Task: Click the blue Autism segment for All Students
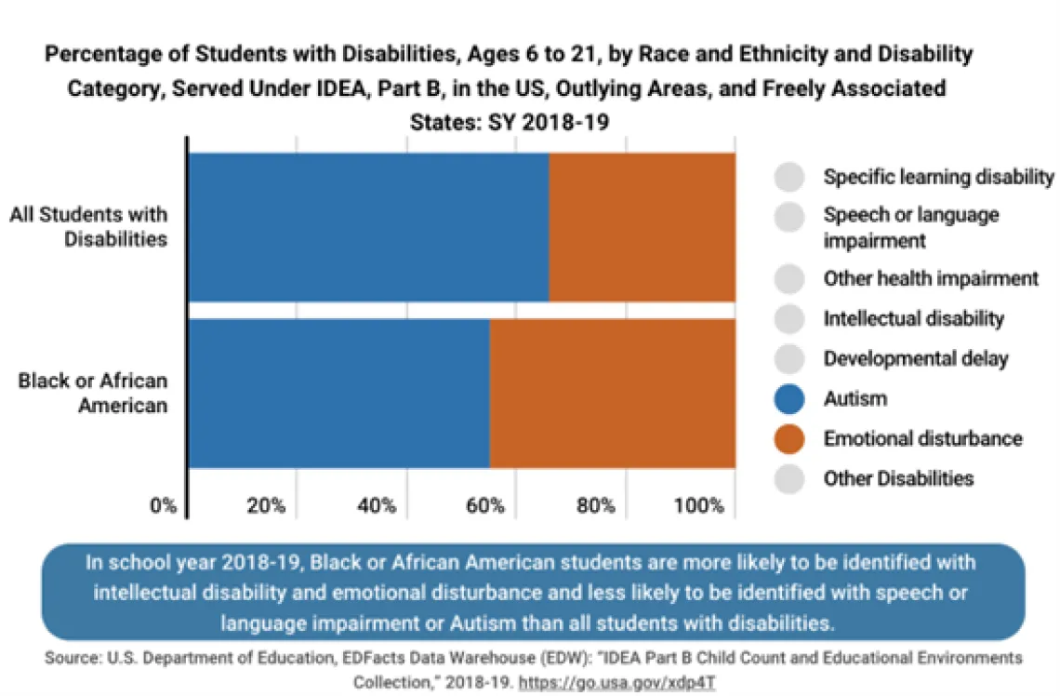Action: (x=368, y=227)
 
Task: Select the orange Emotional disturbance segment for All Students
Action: (x=642, y=227)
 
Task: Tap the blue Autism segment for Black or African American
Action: (x=338, y=393)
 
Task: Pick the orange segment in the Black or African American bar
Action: (x=612, y=393)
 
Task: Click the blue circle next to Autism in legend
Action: (x=789, y=399)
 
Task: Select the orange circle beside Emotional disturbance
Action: (x=789, y=438)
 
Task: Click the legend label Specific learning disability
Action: (x=938, y=177)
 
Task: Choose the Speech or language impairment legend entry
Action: (x=910, y=227)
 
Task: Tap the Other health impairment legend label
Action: (x=930, y=278)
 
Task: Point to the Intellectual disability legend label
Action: (x=913, y=318)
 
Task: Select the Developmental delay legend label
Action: (x=915, y=358)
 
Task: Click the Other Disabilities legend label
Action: (x=898, y=478)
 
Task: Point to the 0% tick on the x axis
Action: (x=163, y=506)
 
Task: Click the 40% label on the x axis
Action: (x=376, y=506)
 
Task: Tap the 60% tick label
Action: (x=485, y=506)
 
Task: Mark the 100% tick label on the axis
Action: (x=699, y=506)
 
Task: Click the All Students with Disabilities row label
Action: (x=89, y=226)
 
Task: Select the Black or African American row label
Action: (x=93, y=393)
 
